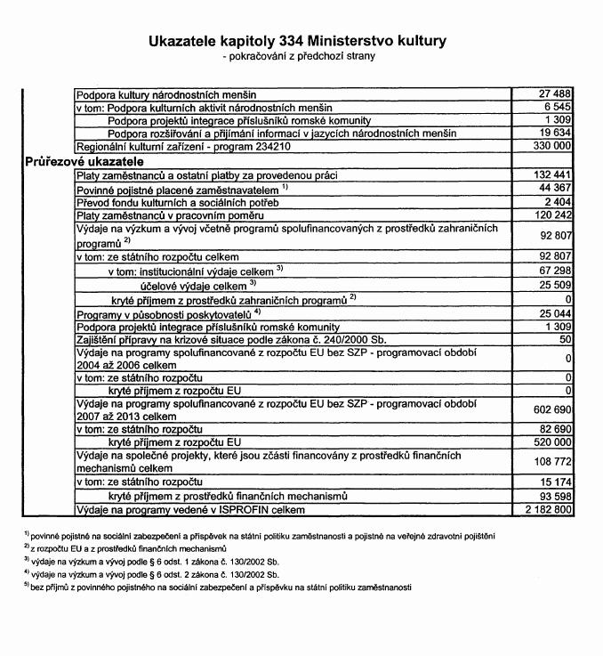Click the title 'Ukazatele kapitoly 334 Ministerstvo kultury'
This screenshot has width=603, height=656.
301,41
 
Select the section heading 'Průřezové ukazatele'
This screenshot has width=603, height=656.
81,162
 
